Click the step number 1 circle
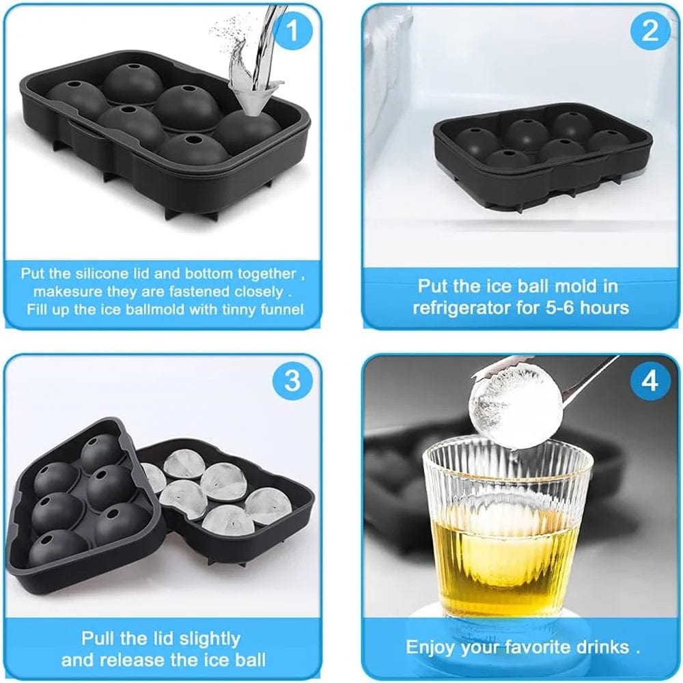[292, 31]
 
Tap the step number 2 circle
[650, 31]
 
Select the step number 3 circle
[292, 380]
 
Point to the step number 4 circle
[650, 381]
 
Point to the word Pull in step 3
[100, 639]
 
